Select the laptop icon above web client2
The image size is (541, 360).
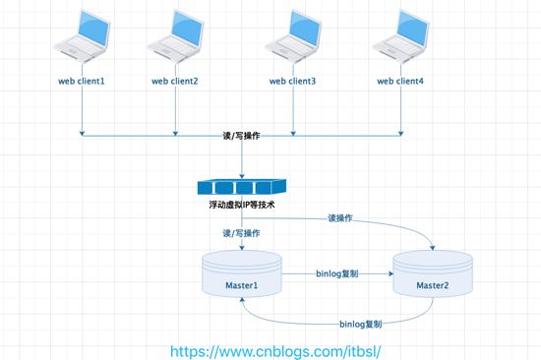176,37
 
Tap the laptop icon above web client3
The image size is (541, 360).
293,37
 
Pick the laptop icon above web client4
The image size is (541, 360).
401,37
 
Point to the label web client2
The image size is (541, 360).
174,81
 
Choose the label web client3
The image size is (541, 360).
293,81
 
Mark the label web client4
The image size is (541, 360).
401,81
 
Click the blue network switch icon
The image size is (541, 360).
241,186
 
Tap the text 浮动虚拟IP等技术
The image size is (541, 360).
242,206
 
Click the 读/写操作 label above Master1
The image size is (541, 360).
242,233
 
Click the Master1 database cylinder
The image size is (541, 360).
242,274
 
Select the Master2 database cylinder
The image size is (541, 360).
432,274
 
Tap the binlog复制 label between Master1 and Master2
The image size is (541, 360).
336,274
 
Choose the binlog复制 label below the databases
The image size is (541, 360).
360,323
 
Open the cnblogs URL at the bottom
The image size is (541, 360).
274,349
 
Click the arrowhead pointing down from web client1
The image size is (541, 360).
83,132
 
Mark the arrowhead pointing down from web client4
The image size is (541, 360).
401,132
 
